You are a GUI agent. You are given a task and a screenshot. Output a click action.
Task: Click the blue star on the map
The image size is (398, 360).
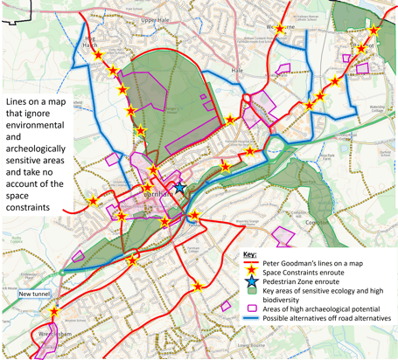(x=179, y=187)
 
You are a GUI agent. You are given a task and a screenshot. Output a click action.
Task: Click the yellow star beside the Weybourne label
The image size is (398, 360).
(x=280, y=29)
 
